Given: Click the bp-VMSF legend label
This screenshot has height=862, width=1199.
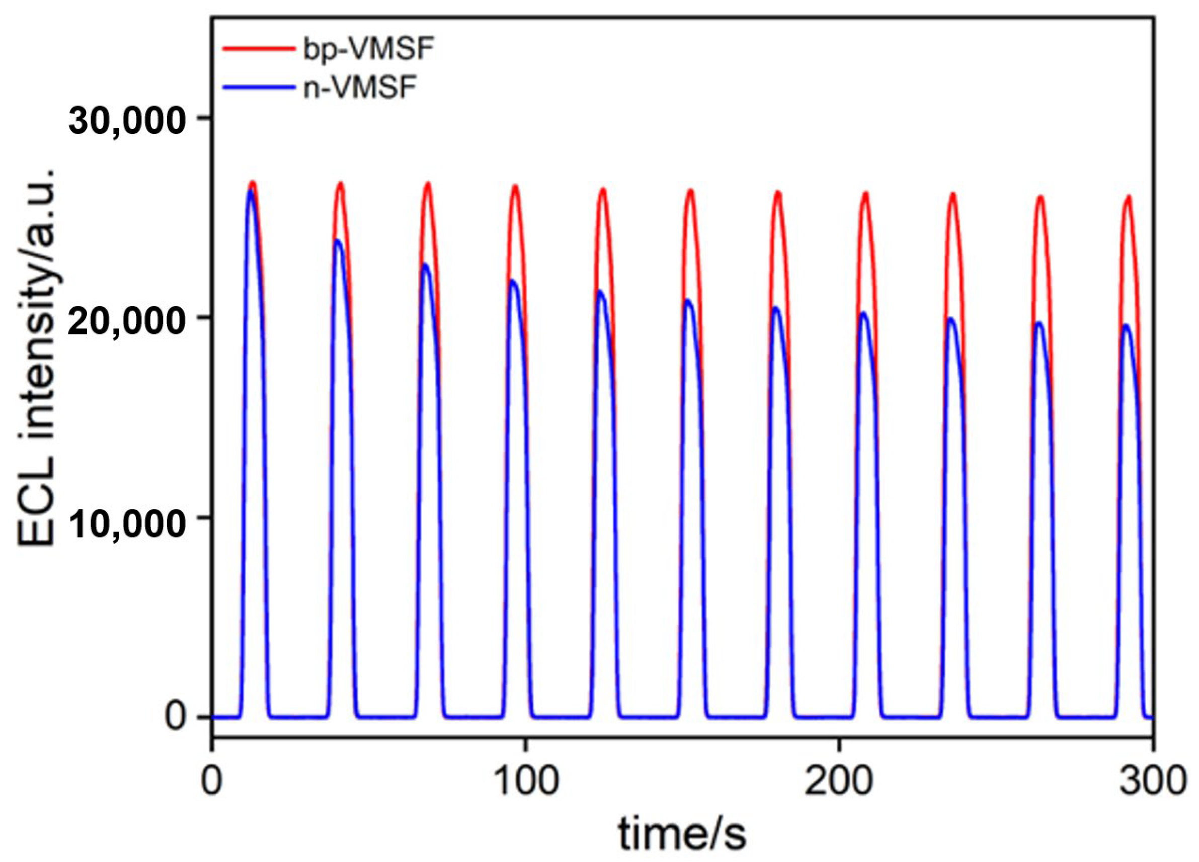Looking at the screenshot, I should point(368,50).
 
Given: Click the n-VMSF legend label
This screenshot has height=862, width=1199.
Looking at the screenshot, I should point(359,88).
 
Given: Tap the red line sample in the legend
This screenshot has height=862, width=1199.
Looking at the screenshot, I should point(258,49).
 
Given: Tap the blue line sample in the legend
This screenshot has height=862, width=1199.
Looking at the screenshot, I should point(258,87).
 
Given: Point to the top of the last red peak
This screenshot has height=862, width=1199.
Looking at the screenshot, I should point(1128,196).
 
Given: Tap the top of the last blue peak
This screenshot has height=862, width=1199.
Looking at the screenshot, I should point(1126,325).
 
